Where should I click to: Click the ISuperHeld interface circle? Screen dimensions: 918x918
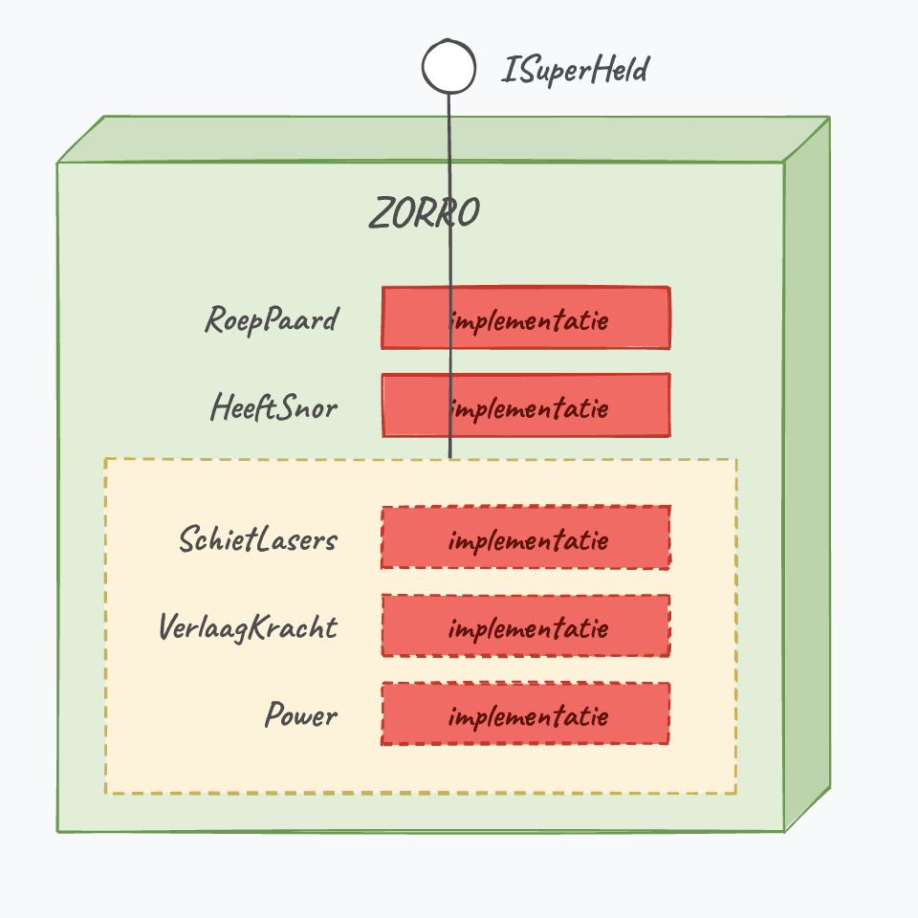(x=449, y=66)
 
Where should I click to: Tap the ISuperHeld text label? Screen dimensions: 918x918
(x=575, y=70)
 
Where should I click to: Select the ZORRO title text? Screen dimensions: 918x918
(x=425, y=212)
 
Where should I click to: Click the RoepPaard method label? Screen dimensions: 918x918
(x=273, y=320)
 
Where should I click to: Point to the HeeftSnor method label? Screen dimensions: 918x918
(x=274, y=407)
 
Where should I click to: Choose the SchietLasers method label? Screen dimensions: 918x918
(x=258, y=539)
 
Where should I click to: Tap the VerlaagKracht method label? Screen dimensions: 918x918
(x=249, y=627)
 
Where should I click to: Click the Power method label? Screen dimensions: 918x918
(x=301, y=715)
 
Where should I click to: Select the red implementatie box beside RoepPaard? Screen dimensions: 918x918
(x=526, y=317)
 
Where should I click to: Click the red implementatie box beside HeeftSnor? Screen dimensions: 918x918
(x=526, y=405)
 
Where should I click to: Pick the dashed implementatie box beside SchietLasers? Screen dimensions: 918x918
(x=526, y=537)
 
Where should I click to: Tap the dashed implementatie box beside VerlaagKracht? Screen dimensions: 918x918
(x=526, y=625)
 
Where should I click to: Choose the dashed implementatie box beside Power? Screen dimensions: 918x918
(x=526, y=713)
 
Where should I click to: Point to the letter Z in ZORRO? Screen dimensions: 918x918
(x=382, y=212)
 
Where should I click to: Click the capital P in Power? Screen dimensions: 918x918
(x=275, y=715)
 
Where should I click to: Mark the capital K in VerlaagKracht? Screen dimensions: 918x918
(x=259, y=626)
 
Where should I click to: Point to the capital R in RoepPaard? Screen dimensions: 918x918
(x=216, y=319)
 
